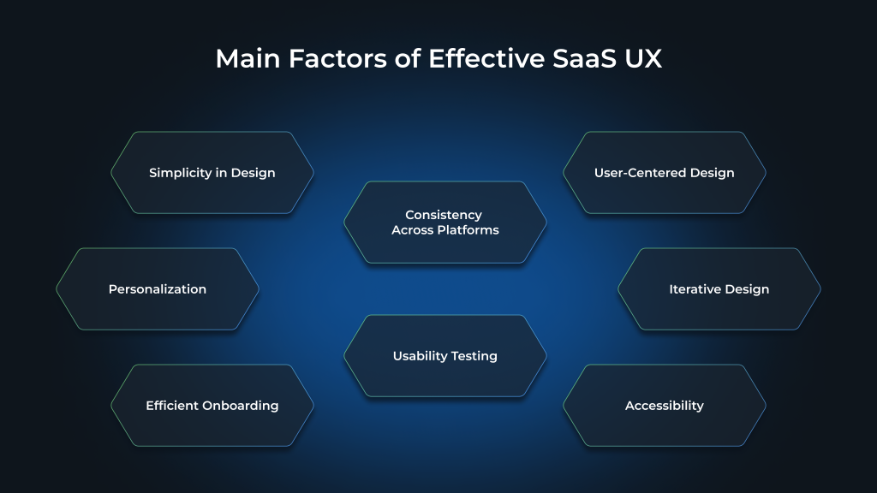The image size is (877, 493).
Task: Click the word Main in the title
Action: point(248,59)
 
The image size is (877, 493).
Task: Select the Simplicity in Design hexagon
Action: point(212,173)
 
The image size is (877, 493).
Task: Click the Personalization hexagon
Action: point(158,289)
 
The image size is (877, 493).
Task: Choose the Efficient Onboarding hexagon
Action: point(212,406)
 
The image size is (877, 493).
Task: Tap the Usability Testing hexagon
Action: point(445,356)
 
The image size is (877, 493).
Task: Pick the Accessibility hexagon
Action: point(665,406)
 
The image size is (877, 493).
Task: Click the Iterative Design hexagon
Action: point(719,289)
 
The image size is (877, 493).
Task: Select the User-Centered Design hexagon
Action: point(665,173)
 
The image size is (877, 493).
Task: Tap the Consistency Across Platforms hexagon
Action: point(445,223)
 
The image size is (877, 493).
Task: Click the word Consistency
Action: point(444,215)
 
